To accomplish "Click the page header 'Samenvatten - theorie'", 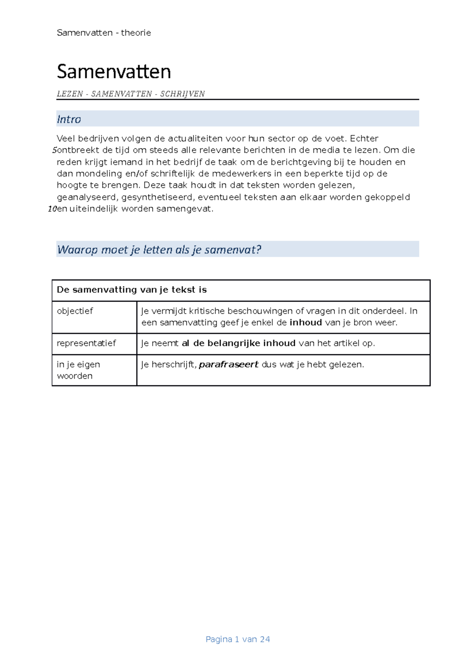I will [104, 33].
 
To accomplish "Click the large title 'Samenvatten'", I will [114, 72].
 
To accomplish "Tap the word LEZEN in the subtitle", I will [70, 94].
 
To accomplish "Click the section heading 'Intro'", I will [69, 119].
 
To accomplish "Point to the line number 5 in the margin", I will [54, 150].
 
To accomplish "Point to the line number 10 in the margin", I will [52, 209].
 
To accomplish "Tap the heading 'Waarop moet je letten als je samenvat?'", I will [159, 250].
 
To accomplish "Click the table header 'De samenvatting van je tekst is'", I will [132, 290].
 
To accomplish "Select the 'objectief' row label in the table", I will [75, 311].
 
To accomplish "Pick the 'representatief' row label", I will [86, 343].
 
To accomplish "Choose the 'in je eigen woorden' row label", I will [78, 370].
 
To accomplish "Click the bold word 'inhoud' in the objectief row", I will [306, 323].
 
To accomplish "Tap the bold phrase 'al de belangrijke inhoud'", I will [239, 343].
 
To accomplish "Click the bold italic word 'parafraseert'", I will [228, 364].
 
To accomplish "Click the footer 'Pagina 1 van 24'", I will [237, 639].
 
